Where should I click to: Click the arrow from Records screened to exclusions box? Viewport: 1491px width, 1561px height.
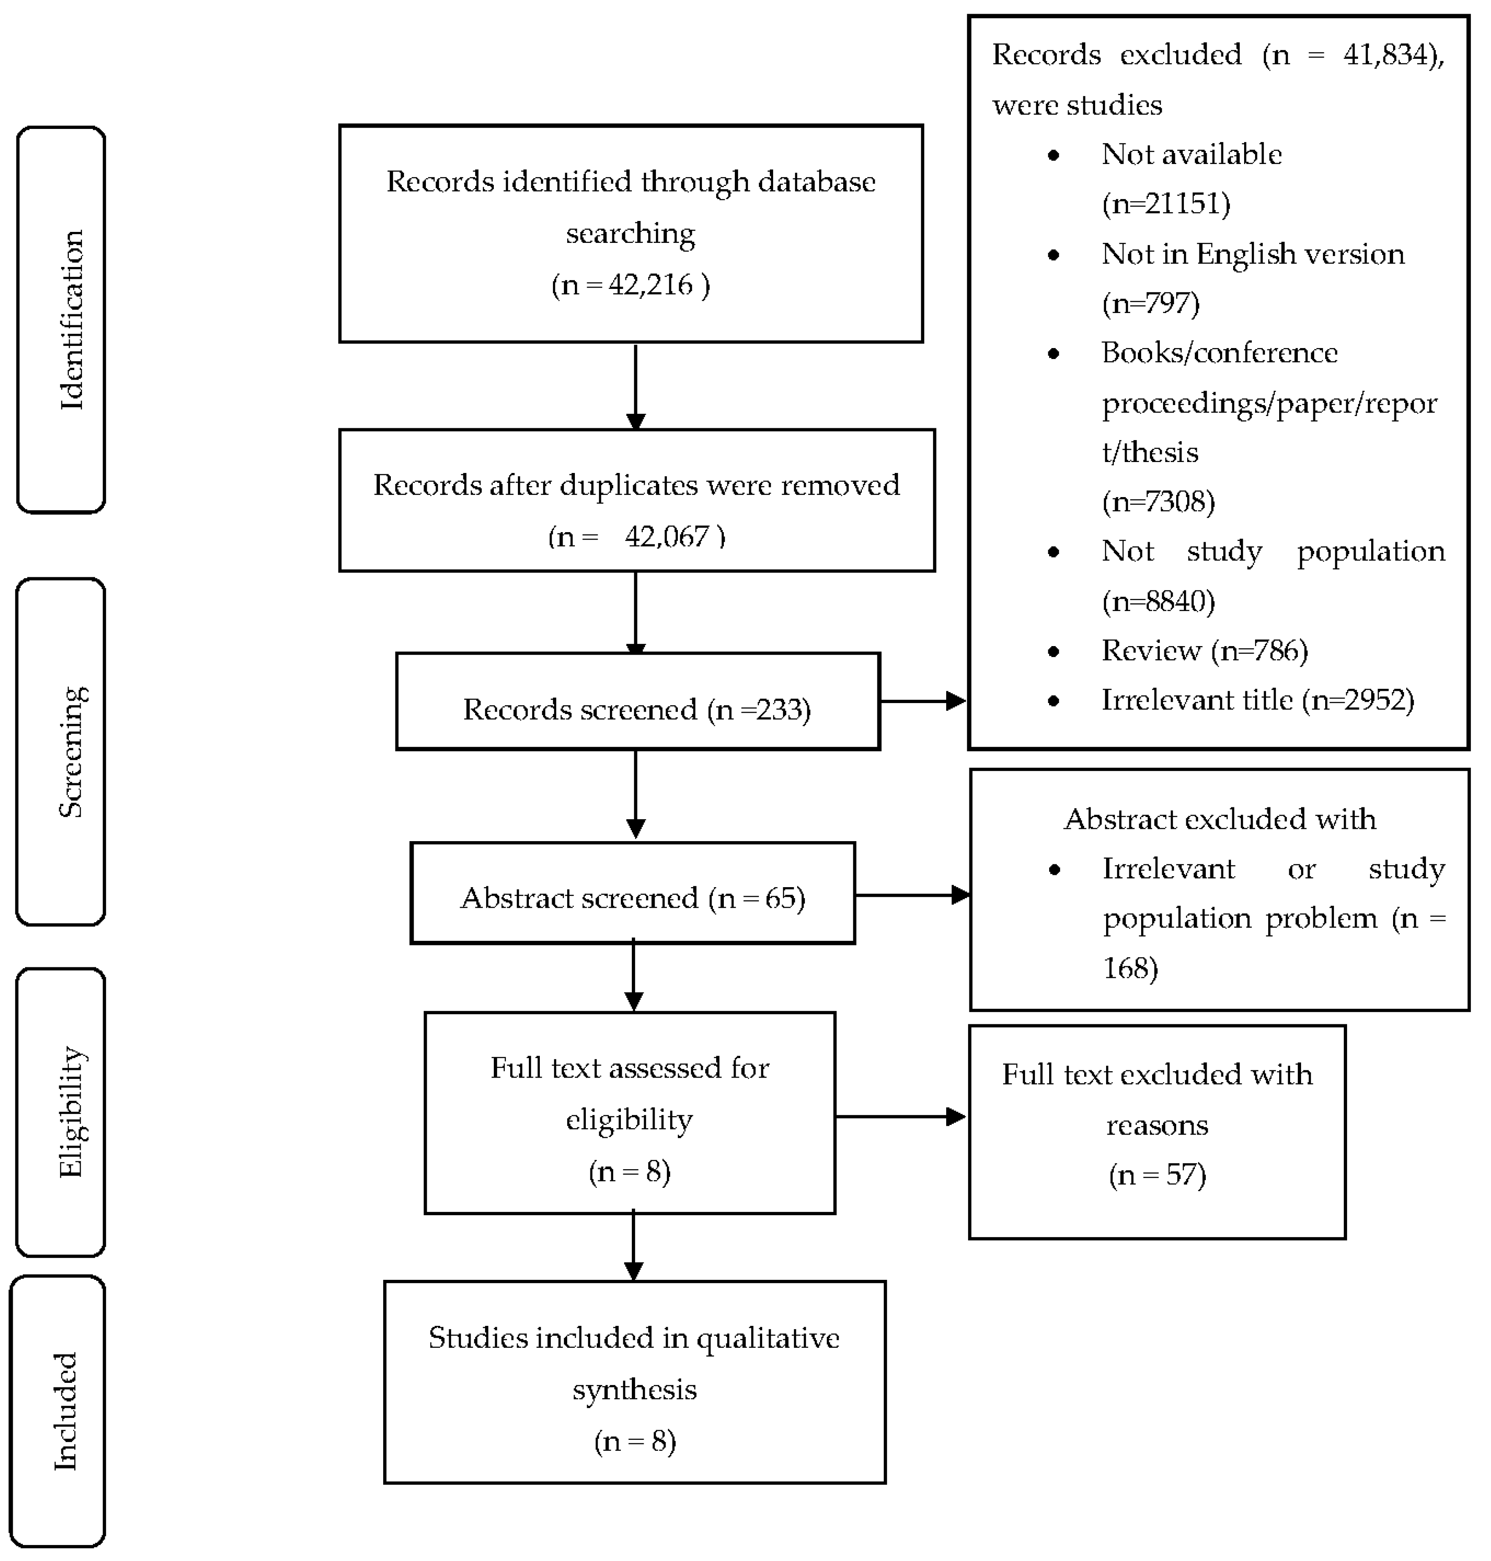(x=923, y=701)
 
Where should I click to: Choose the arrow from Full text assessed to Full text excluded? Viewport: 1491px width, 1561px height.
(x=901, y=1117)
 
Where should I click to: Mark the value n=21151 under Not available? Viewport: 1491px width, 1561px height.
(x=1166, y=204)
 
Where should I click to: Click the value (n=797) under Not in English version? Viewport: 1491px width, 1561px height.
(x=1150, y=303)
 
